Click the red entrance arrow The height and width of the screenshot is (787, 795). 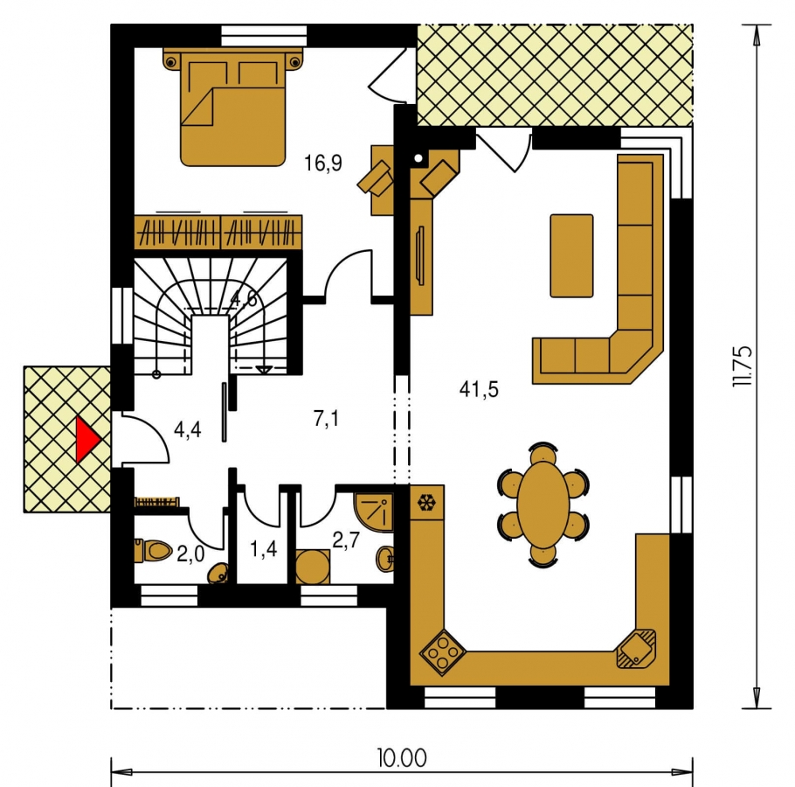click(x=87, y=440)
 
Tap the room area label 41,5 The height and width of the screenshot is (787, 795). click(x=479, y=390)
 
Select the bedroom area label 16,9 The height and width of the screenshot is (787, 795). click(x=323, y=164)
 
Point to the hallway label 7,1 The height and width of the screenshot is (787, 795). click(x=326, y=419)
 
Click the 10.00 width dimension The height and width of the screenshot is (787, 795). click(x=402, y=759)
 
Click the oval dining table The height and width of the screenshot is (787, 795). click(x=543, y=505)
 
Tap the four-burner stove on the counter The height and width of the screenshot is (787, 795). click(x=443, y=652)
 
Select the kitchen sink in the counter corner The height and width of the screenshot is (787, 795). click(x=636, y=649)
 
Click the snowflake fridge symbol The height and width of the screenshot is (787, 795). click(x=426, y=502)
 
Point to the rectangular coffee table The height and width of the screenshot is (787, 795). click(x=571, y=255)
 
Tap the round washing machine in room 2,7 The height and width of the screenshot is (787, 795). click(x=313, y=568)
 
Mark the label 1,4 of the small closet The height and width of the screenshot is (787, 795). click(x=264, y=548)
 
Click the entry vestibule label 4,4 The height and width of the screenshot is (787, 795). click(x=187, y=429)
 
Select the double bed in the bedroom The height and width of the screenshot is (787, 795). click(x=232, y=107)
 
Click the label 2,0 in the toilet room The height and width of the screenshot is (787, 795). click(x=190, y=554)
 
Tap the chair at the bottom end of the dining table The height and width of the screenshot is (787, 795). click(x=543, y=557)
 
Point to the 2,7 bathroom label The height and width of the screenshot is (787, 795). click(x=346, y=540)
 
